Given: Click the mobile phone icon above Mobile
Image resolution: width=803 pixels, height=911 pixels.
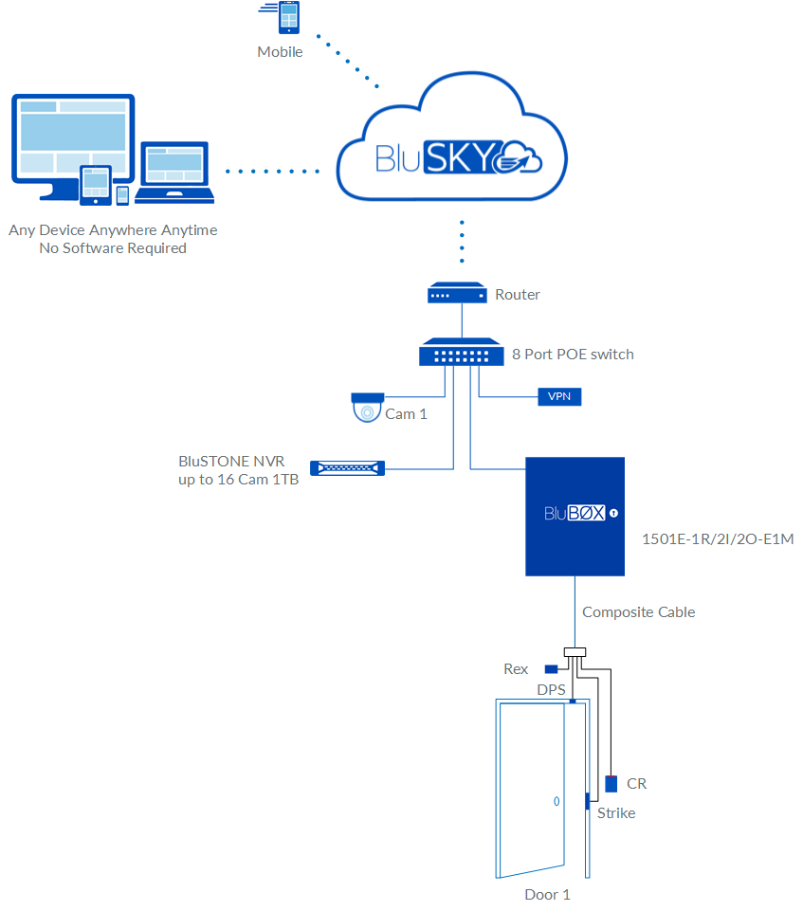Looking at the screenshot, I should coord(285,18).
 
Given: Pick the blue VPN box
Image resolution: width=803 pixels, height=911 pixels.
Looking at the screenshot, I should coord(558,396).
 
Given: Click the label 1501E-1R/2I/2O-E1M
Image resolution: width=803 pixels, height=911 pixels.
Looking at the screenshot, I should coord(717,539).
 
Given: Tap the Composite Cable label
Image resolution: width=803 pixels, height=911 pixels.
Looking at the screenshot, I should coord(638,612).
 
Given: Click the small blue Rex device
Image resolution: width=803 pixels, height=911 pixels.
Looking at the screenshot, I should coord(550,668).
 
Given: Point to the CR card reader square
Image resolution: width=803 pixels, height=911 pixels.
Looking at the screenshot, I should coord(611,783).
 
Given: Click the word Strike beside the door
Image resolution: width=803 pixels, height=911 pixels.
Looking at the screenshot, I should coord(615,813).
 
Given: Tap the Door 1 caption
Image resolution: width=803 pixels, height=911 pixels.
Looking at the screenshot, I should coord(547,894).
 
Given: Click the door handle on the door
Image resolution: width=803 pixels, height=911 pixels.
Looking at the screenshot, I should coord(556,801).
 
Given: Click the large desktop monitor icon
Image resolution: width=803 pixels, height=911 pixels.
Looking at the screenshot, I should coord(72,142).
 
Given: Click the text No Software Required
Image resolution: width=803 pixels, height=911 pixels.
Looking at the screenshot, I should coord(113,248).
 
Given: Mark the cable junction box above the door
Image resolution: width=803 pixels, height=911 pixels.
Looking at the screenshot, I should coord(575,652).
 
